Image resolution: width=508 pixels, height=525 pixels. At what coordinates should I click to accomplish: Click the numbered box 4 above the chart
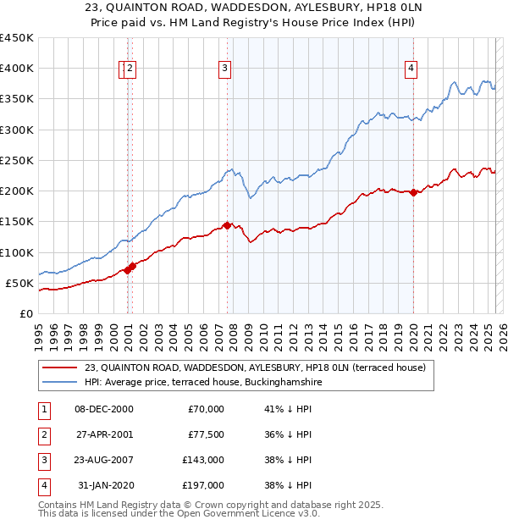(x=411, y=69)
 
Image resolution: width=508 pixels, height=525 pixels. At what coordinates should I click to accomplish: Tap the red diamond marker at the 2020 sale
(x=414, y=192)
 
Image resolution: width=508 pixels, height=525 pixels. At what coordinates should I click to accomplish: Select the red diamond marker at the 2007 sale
(x=227, y=225)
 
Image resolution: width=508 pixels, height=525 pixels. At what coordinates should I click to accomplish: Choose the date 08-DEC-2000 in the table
(x=104, y=409)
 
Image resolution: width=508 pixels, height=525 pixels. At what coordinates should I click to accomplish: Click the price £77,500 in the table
(x=205, y=434)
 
